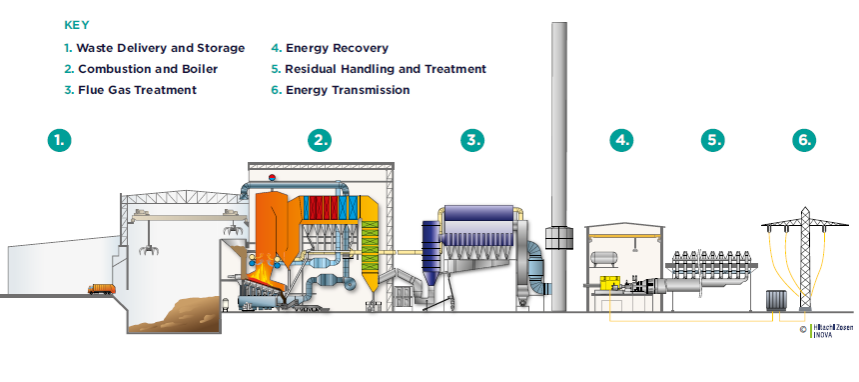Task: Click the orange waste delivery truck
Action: click(101, 290)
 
